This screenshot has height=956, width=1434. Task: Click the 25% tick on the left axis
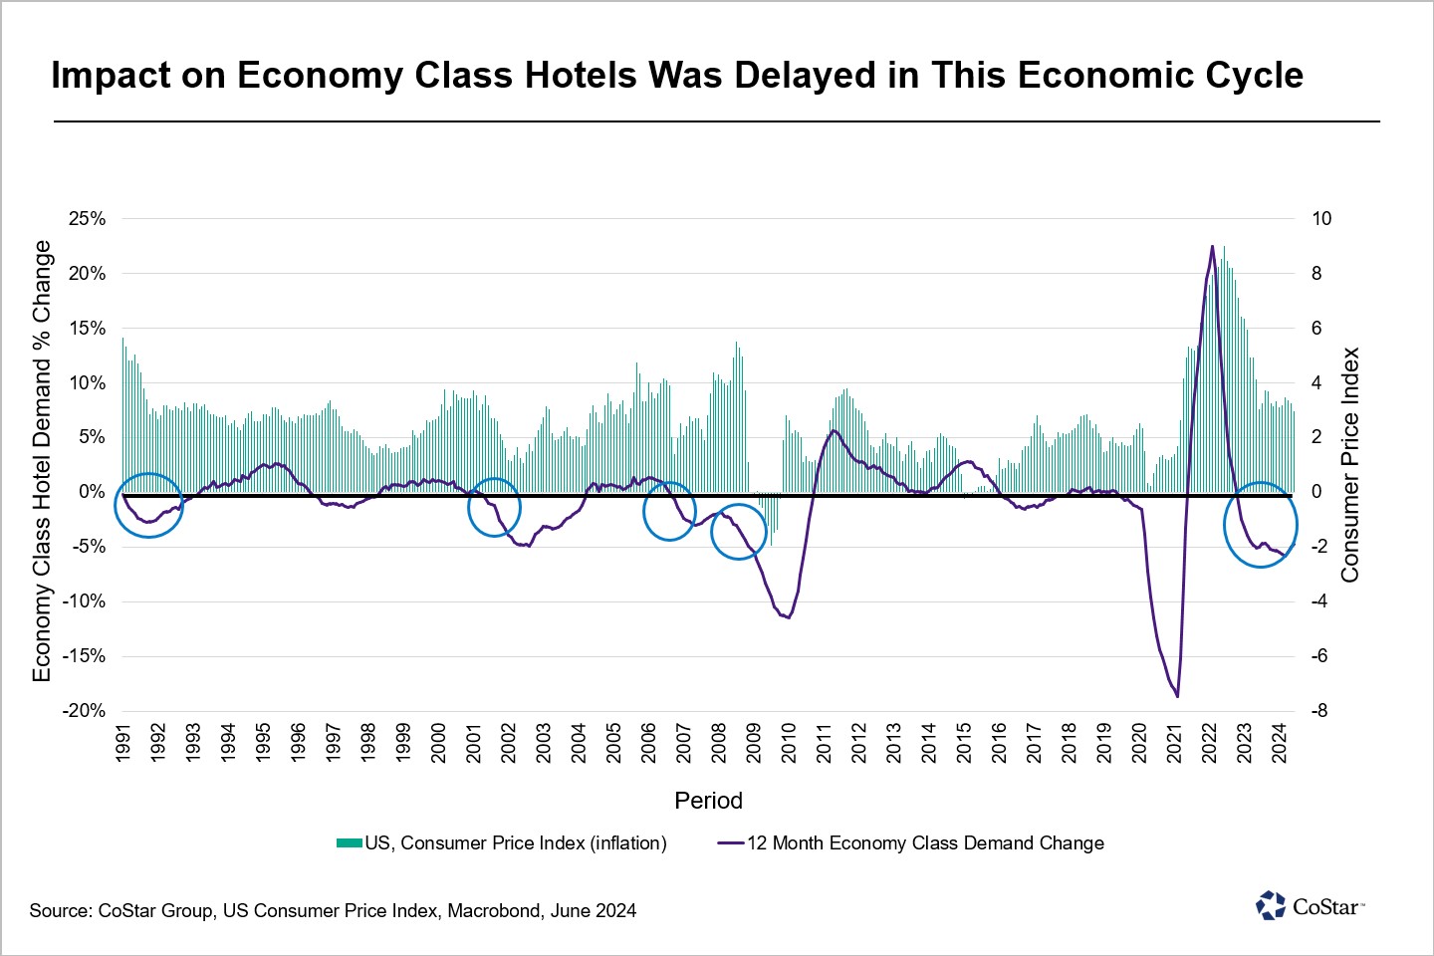tap(87, 219)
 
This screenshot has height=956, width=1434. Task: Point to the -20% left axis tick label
tap(84, 711)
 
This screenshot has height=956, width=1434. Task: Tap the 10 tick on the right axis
tap(1321, 219)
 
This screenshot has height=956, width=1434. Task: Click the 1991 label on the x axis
tap(122, 743)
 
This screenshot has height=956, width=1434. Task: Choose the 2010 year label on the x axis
tap(789, 743)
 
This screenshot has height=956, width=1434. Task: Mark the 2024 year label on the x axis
tap(1279, 743)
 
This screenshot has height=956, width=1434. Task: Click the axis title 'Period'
tap(709, 801)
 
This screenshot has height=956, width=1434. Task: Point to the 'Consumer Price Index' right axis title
tap(1349, 465)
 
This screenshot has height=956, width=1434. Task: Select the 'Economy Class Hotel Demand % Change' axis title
tap(42, 461)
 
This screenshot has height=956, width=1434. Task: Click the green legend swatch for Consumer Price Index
tap(349, 843)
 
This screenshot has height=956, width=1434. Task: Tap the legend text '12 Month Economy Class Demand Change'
tap(926, 843)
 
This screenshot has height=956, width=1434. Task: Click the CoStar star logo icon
tap(1271, 905)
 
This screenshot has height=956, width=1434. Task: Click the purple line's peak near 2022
tap(1212, 246)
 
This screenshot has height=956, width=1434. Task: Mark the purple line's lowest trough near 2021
tap(1177, 697)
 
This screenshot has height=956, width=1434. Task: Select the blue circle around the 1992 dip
tap(148, 473)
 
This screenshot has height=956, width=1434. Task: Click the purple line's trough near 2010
tap(789, 617)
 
